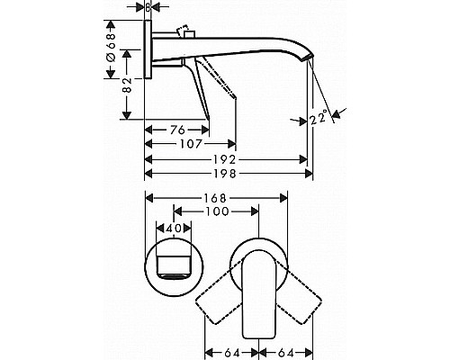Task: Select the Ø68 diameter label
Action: click(x=110, y=48)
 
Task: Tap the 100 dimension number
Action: click(x=214, y=211)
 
